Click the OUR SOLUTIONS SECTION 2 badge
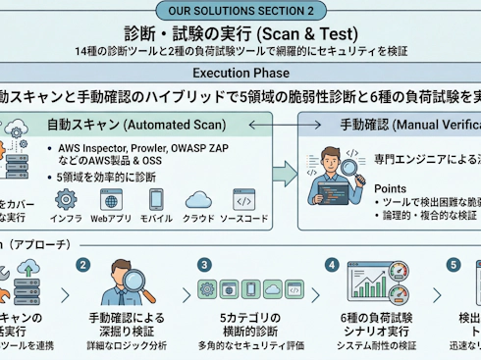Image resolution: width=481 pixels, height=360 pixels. [240, 10]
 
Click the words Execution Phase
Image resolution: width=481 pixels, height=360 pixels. [240, 74]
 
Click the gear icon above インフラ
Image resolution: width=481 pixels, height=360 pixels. [67, 199]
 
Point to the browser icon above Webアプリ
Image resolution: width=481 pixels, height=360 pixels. [111, 199]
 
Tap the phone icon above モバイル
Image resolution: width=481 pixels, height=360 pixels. [155, 199]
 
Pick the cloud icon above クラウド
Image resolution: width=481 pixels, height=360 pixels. [198, 199]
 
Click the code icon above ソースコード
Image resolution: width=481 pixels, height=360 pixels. [243, 199]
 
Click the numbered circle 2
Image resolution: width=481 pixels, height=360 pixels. [83, 264]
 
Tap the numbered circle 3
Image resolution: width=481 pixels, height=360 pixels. [203, 264]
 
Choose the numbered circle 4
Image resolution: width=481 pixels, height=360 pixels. [333, 264]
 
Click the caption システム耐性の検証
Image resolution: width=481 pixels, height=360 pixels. [377, 346]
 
